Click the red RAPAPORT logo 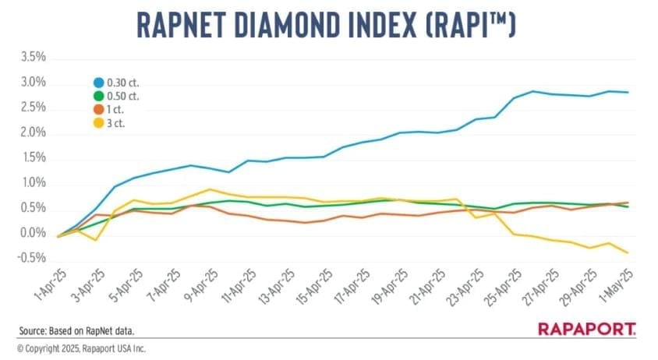coord(586,330)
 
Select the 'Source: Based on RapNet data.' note coord(72,330)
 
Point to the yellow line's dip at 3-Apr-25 coord(96,240)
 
